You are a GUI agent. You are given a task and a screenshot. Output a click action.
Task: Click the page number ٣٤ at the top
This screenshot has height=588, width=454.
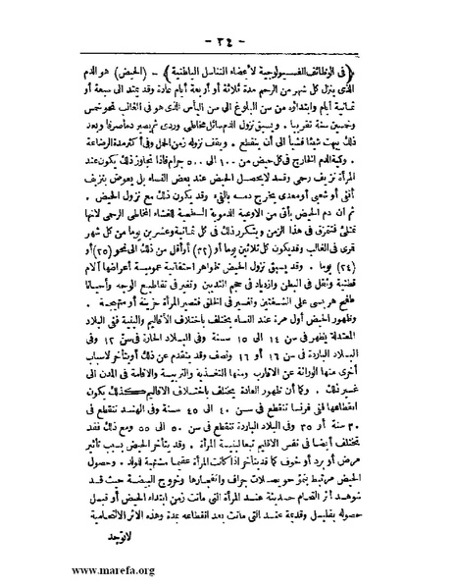228,40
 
